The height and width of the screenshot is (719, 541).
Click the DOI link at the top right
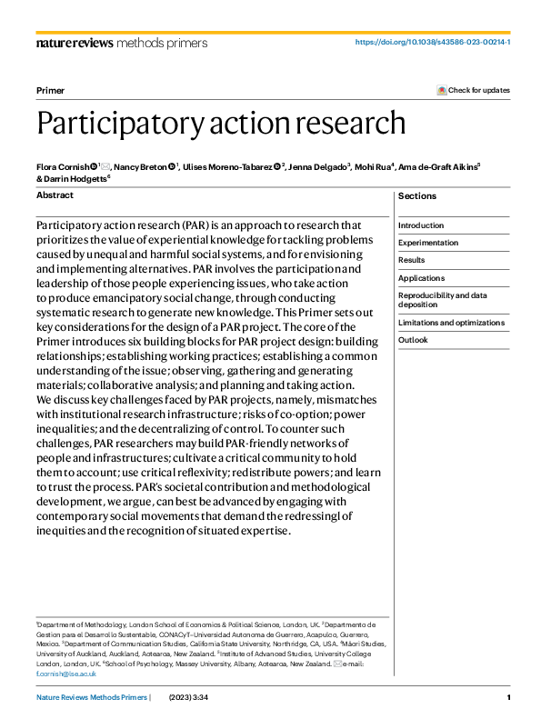[x=432, y=42]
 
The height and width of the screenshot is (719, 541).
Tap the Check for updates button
[x=474, y=90]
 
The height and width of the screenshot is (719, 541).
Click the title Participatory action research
[x=221, y=122]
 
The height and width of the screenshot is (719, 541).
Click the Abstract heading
[x=55, y=195]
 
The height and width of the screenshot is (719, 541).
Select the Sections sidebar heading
[x=417, y=196]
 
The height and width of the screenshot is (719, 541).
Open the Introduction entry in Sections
[x=421, y=225]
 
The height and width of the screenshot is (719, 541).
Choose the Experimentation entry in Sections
[x=428, y=243]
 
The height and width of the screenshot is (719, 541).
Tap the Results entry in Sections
[x=411, y=260]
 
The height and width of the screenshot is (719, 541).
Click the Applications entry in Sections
[x=422, y=278]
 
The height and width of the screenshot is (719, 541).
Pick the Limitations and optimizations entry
[x=451, y=323]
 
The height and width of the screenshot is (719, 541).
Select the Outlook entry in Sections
[x=413, y=340]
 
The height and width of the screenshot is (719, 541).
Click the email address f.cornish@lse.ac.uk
[x=66, y=674]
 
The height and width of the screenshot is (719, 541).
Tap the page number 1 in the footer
[x=508, y=697]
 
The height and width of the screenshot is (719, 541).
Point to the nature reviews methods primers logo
[x=121, y=42]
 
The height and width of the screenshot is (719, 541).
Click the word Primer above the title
[x=50, y=91]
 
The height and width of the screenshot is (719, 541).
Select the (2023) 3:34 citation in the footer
[x=190, y=697]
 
